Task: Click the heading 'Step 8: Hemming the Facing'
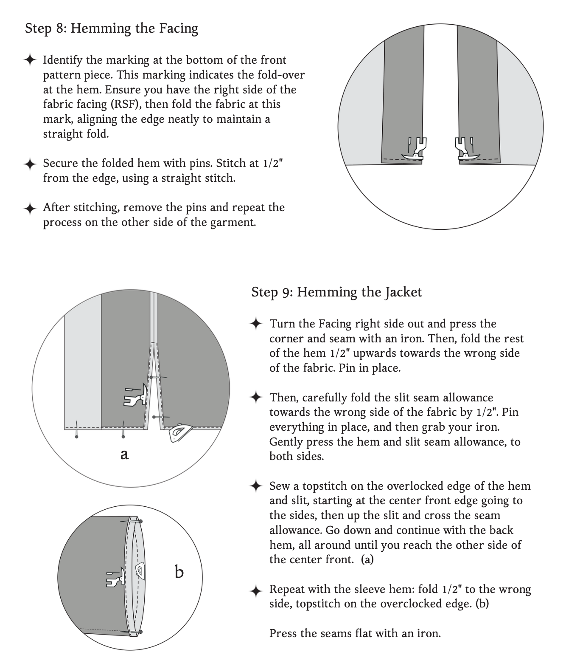[112, 28]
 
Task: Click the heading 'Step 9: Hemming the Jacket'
[336, 292]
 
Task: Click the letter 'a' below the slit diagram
[124, 455]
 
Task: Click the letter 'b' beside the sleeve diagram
[179, 572]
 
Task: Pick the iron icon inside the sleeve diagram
[140, 571]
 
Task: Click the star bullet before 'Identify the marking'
[30, 60]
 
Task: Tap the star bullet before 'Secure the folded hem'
[30, 164]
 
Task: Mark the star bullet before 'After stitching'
[30, 208]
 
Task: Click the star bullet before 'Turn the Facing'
[256, 324]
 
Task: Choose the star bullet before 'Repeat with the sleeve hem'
[256, 590]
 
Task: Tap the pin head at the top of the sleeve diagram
[140, 522]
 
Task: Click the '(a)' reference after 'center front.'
[367, 560]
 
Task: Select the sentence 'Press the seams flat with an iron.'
[355, 634]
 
